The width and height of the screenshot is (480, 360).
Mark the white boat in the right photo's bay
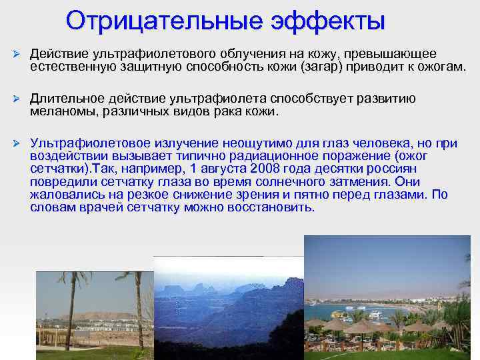click(x=373, y=312)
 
